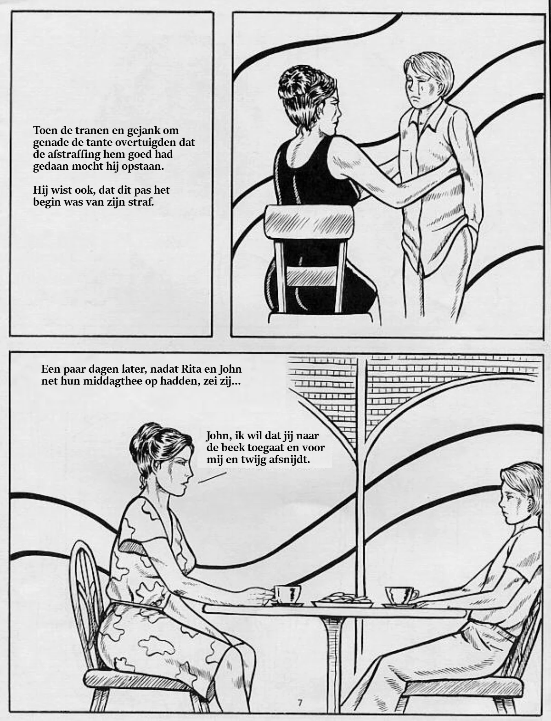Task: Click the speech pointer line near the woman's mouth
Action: point(212,478)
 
